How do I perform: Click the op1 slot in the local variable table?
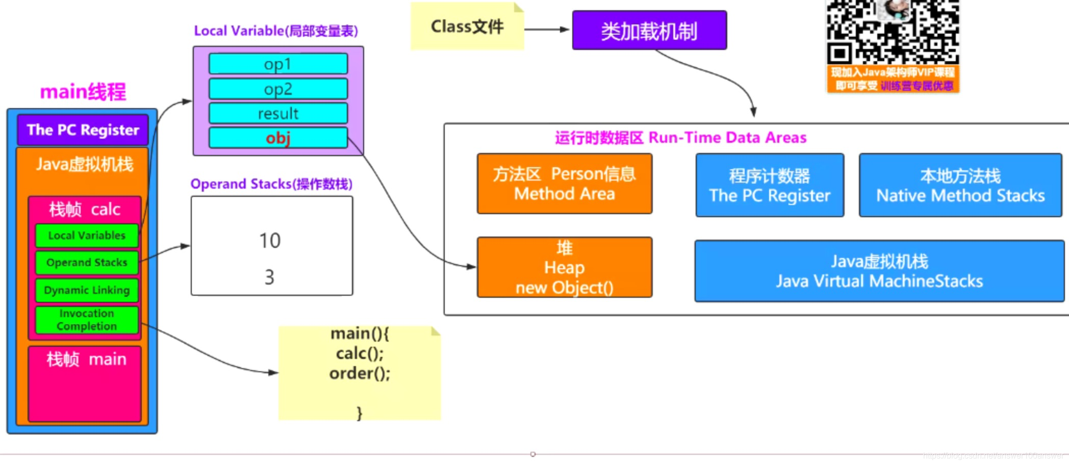(278, 64)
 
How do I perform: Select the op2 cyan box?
(278, 89)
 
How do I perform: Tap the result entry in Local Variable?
(278, 113)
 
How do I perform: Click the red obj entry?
(278, 138)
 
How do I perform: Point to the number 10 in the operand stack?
(270, 241)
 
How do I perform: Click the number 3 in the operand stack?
(269, 277)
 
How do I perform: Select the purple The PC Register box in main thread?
(83, 130)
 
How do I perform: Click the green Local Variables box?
(87, 236)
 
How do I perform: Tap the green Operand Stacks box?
(87, 263)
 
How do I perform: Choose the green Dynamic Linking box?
(87, 290)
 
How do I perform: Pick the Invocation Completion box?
(87, 320)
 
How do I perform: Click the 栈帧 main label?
(86, 359)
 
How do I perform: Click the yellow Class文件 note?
(467, 27)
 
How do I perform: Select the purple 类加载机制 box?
(649, 31)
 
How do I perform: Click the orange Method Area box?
(564, 184)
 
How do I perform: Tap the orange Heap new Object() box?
(564, 267)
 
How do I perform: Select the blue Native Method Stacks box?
(960, 186)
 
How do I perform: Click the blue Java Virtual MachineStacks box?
(879, 271)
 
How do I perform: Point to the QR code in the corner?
(893, 32)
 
